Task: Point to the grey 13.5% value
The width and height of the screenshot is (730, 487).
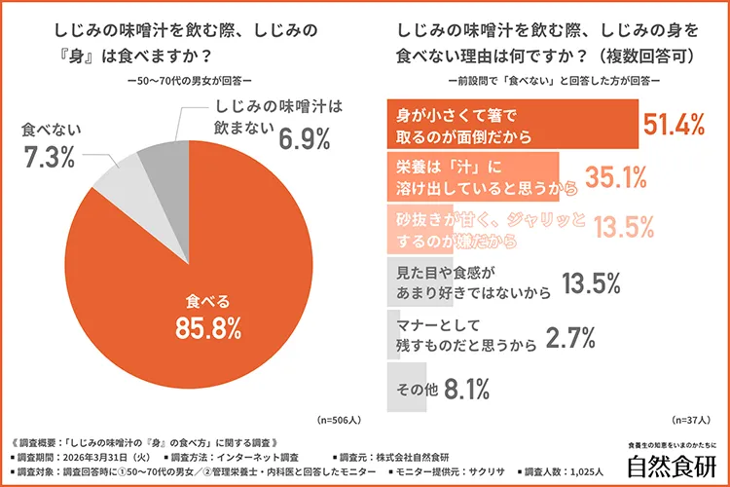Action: coord(592,282)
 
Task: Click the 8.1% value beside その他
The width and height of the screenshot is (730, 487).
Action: coord(466,390)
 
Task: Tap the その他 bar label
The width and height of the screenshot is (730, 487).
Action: coord(416,390)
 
